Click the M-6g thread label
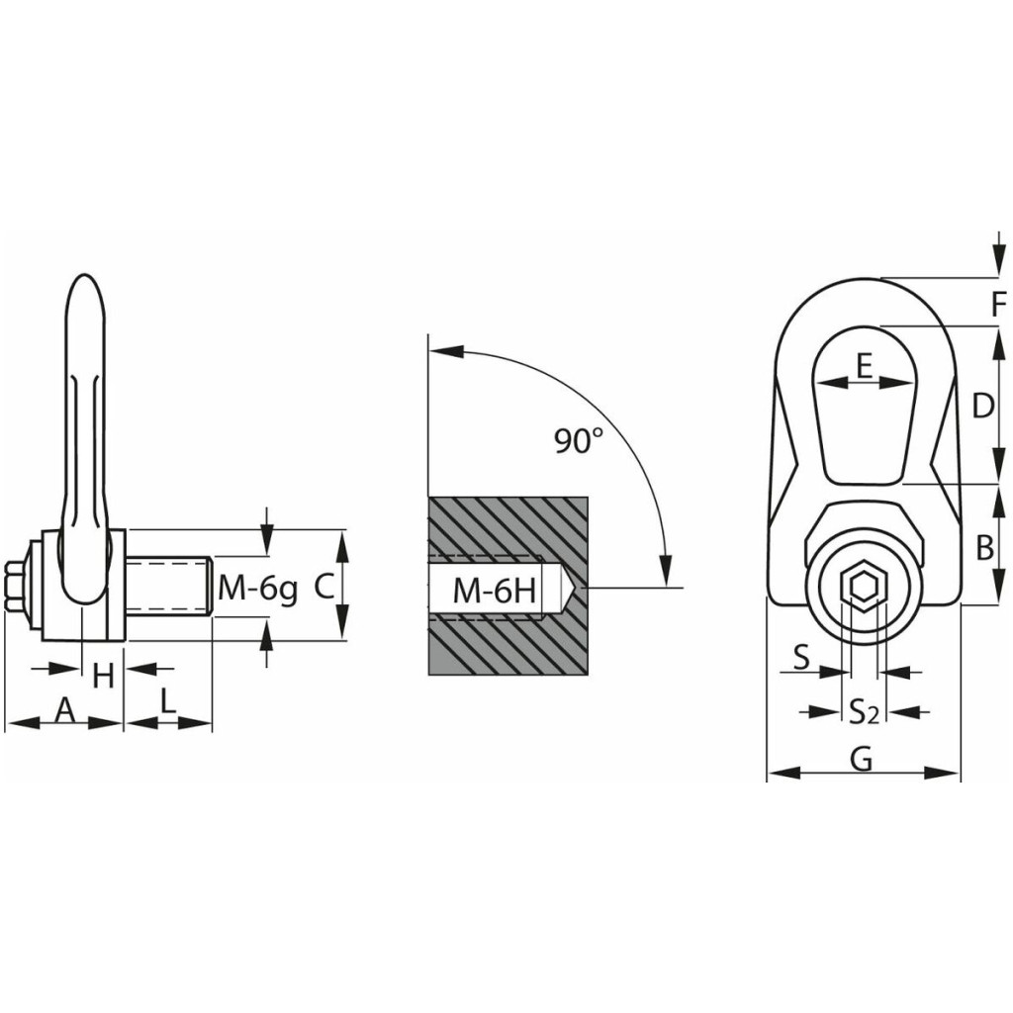click(x=258, y=590)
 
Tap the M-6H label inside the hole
click(x=495, y=591)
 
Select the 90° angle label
click(x=579, y=440)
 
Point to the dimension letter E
click(x=865, y=366)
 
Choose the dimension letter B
click(x=984, y=548)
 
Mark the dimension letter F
click(x=999, y=304)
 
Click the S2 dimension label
click(x=864, y=712)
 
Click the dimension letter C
click(x=323, y=588)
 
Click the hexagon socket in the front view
click(x=862, y=587)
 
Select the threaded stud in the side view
click(x=168, y=588)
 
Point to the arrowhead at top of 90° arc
click(x=446, y=351)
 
